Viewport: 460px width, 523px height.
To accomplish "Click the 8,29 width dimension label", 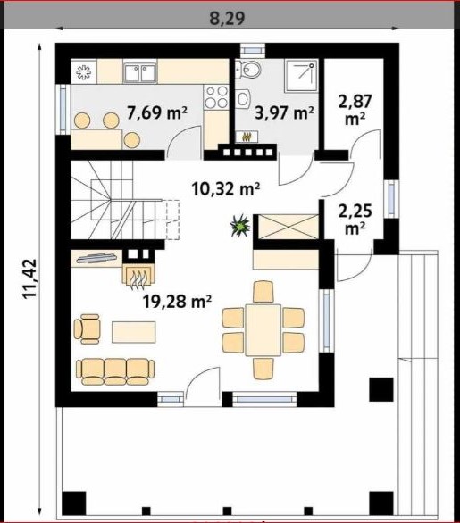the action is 227,19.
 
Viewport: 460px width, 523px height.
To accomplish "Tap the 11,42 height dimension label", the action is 29,278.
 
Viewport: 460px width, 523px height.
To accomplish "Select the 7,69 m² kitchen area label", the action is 157,112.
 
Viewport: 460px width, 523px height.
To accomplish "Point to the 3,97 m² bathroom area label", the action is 284,112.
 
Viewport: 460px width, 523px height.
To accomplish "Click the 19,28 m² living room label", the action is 177,302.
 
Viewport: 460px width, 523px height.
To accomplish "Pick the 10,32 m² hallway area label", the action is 226,189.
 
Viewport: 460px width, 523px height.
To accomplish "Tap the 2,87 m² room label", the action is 355,110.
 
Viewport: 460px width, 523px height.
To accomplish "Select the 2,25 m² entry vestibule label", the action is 355,220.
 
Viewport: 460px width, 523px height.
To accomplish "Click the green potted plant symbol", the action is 240,226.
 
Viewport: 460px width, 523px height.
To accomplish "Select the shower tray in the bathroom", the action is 301,76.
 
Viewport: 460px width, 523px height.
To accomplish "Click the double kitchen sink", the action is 140,73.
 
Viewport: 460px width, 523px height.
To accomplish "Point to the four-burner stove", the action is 216,96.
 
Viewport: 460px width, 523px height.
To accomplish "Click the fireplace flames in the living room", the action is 138,276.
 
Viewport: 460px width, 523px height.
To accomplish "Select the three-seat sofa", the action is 115,371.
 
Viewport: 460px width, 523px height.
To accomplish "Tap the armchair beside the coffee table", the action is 88,328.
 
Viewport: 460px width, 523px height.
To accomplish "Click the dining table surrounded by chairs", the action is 263,330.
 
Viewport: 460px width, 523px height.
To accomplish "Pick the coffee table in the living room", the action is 134,332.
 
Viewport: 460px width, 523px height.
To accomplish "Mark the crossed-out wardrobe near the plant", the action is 289,227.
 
